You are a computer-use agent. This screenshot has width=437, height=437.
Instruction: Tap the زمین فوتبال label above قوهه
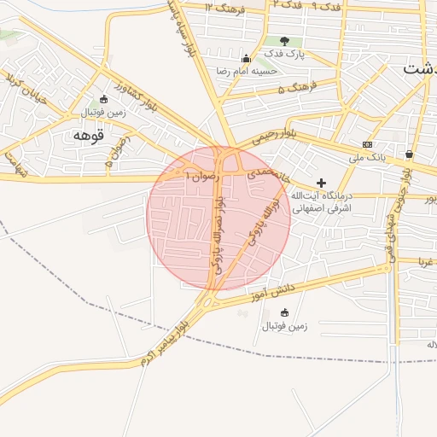[x=103, y=112]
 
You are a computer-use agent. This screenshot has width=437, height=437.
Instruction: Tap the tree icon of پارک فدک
[x=283, y=40]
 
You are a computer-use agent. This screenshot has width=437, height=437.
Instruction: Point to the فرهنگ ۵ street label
[x=296, y=86]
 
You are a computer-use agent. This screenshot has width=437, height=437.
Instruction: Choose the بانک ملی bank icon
[x=367, y=144]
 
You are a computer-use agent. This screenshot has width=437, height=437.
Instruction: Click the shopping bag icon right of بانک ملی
[x=410, y=154]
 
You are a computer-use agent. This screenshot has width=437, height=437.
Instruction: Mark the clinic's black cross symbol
[x=321, y=182]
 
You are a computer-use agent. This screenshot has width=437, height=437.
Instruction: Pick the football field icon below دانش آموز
[x=284, y=312]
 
